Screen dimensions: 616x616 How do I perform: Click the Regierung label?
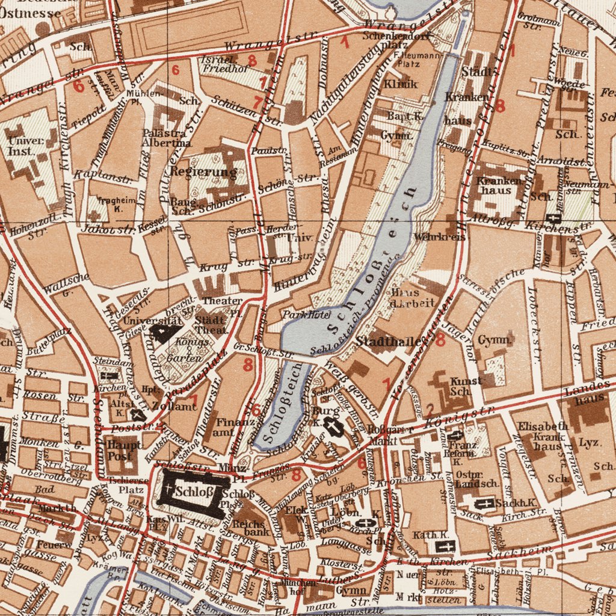coord(203,172)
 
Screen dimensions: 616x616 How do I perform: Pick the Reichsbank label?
coord(248,528)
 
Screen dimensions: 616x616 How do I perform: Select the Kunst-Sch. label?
coord(467,387)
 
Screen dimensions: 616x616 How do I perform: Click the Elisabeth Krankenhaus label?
coord(539,437)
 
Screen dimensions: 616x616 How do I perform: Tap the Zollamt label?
coord(175,407)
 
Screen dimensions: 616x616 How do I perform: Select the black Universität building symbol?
coord(161,333)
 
